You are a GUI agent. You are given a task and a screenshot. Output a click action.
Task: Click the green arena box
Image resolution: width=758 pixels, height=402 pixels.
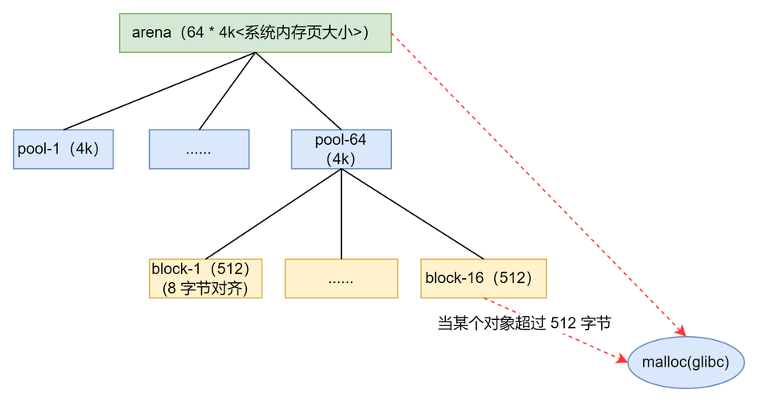click(255, 32)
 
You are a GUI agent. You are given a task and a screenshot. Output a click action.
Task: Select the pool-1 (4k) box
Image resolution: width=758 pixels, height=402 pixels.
click(63, 149)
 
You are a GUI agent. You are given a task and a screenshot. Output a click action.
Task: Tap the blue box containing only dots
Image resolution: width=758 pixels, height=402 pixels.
click(199, 149)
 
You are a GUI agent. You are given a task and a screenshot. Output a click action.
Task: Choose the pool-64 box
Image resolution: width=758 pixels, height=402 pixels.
click(341, 149)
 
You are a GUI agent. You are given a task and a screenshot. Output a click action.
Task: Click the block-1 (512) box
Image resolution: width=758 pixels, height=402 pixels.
click(206, 278)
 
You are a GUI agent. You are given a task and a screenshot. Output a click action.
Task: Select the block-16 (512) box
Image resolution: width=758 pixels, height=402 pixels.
click(484, 278)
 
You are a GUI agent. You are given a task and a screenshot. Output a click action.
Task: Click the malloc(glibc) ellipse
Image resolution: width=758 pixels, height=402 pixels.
click(686, 363)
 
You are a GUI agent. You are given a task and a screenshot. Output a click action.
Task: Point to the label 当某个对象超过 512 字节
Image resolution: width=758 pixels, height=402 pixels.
click(524, 323)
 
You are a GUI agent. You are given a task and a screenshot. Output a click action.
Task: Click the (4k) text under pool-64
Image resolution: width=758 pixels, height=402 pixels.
click(341, 158)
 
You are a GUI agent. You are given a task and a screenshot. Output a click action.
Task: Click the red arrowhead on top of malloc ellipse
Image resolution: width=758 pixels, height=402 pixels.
click(681, 330)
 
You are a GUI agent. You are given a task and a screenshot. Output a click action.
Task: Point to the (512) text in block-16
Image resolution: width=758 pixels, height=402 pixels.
click(513, 278)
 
